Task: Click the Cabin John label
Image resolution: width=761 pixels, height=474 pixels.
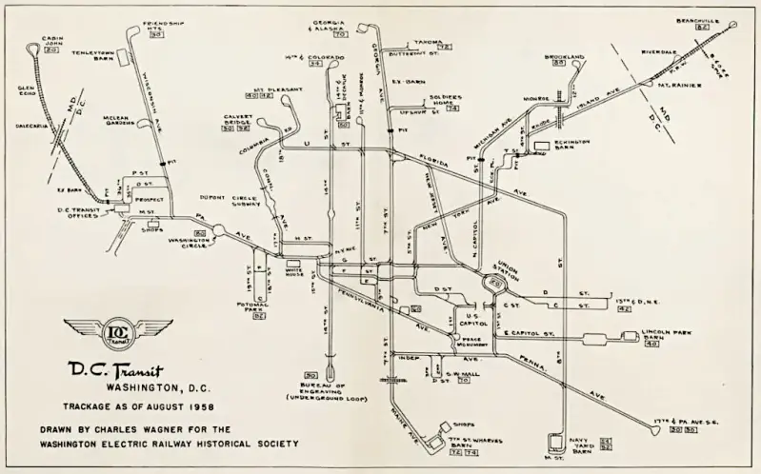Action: (51, 44)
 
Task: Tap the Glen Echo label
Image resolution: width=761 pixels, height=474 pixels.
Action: (26, 93)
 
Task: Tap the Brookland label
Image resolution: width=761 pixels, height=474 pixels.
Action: (564, 56)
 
